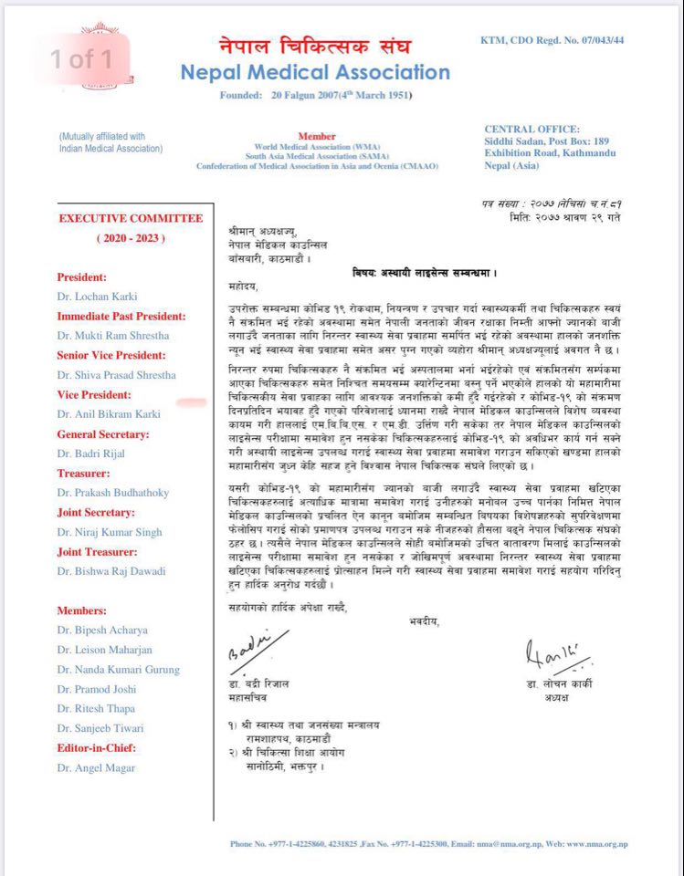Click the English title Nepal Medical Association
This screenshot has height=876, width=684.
315,72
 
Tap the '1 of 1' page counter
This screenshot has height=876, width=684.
81,60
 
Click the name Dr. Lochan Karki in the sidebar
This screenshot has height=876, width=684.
98,297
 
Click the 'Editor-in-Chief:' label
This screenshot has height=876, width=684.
97,747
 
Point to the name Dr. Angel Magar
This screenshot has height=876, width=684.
96,767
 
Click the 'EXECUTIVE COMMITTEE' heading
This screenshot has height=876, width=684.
131,219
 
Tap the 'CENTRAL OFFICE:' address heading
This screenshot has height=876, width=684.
531,130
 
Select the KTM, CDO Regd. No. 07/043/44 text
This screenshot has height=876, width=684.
552,41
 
